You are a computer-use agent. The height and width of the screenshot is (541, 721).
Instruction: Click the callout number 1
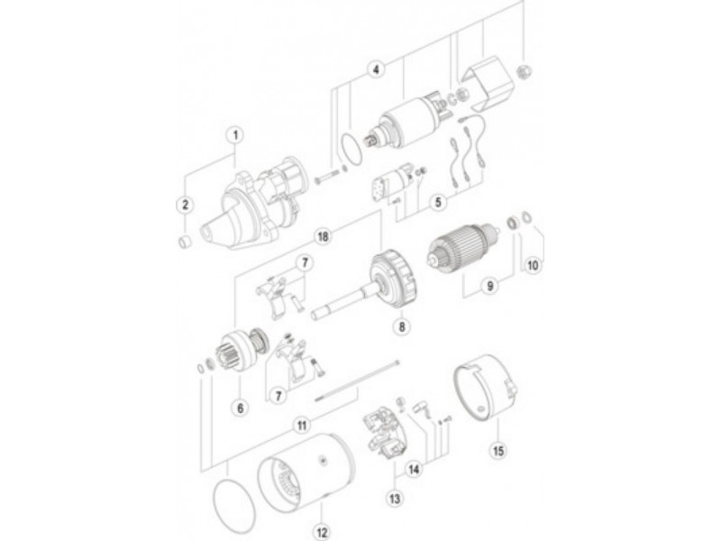(x=236, y=135)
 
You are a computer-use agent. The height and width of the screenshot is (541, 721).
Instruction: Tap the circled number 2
(x=186, y=205)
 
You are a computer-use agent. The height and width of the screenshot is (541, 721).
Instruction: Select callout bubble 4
(x=376, y=69)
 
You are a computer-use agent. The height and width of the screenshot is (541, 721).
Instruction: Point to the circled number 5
(x=438, y=201)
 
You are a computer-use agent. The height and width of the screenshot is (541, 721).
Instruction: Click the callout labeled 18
(x=324, y=236)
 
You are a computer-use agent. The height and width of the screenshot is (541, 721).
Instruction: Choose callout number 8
(x=402, y=326)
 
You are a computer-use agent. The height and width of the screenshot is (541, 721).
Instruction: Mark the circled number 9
(x=490, y=286)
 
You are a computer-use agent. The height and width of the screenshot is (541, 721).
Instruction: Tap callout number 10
(x=533, y=265)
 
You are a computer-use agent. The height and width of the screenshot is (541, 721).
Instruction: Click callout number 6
(x=240, y=408)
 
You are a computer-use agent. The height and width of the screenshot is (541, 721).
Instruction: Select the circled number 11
(x=302, y=426)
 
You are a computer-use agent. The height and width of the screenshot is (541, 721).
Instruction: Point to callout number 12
(x=322, y=532)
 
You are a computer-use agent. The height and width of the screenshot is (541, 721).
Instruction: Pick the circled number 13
(x=395, y=499)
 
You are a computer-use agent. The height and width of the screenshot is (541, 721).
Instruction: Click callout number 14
(x=415, y=469)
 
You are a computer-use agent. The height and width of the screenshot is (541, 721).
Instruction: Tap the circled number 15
(x=498, y=450)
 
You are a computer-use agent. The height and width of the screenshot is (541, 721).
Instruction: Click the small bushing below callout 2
(x=185, y=242)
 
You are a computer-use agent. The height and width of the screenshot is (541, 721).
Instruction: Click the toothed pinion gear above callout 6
(x=234, y=352)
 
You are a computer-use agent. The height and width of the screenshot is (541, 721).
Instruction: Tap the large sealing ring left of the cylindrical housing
(x=234, y=505)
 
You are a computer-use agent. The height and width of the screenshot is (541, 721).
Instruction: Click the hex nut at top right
(x=524, y=72)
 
